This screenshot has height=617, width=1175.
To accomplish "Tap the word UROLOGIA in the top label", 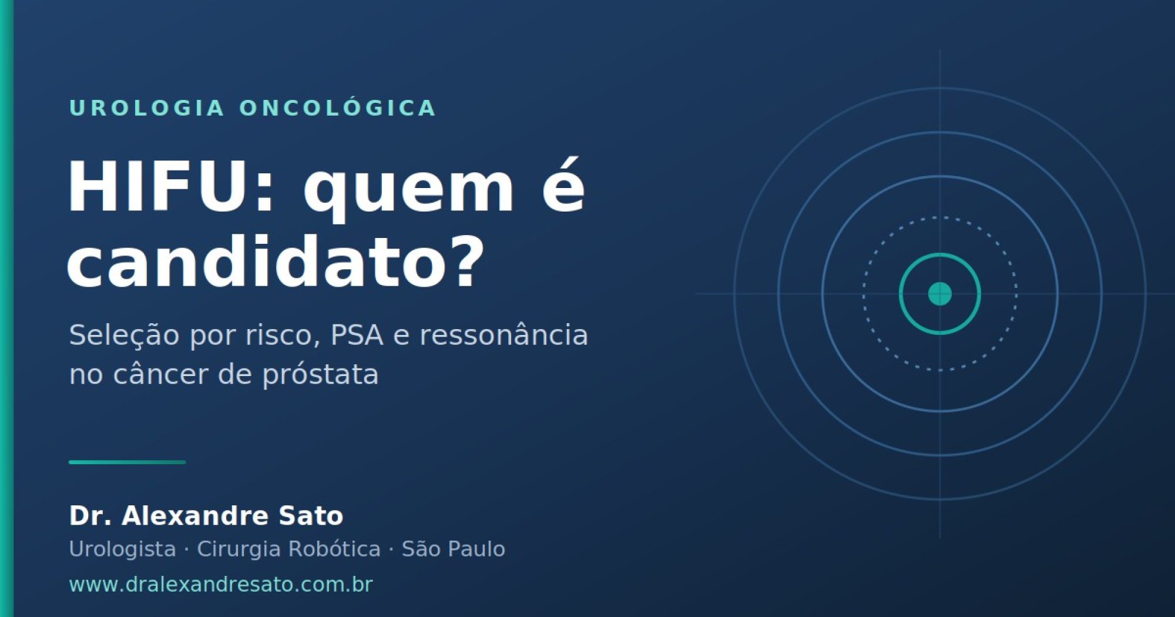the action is coord(147,108).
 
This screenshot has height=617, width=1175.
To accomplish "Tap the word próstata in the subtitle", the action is coord(320,374).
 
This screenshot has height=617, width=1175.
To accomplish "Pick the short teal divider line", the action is coord(127,462).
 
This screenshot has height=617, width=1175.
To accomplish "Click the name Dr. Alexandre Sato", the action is coord(206,515).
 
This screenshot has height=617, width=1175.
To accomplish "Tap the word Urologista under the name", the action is coord(122,549).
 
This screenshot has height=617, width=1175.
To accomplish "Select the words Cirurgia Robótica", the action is coord(288,548).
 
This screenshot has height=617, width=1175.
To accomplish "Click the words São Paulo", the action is coord(453,548).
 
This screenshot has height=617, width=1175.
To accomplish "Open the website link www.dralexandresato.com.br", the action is coord(221,585).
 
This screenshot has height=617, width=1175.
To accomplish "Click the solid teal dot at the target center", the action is coord(939,294).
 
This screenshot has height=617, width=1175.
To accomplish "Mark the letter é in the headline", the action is coord(563,186).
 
